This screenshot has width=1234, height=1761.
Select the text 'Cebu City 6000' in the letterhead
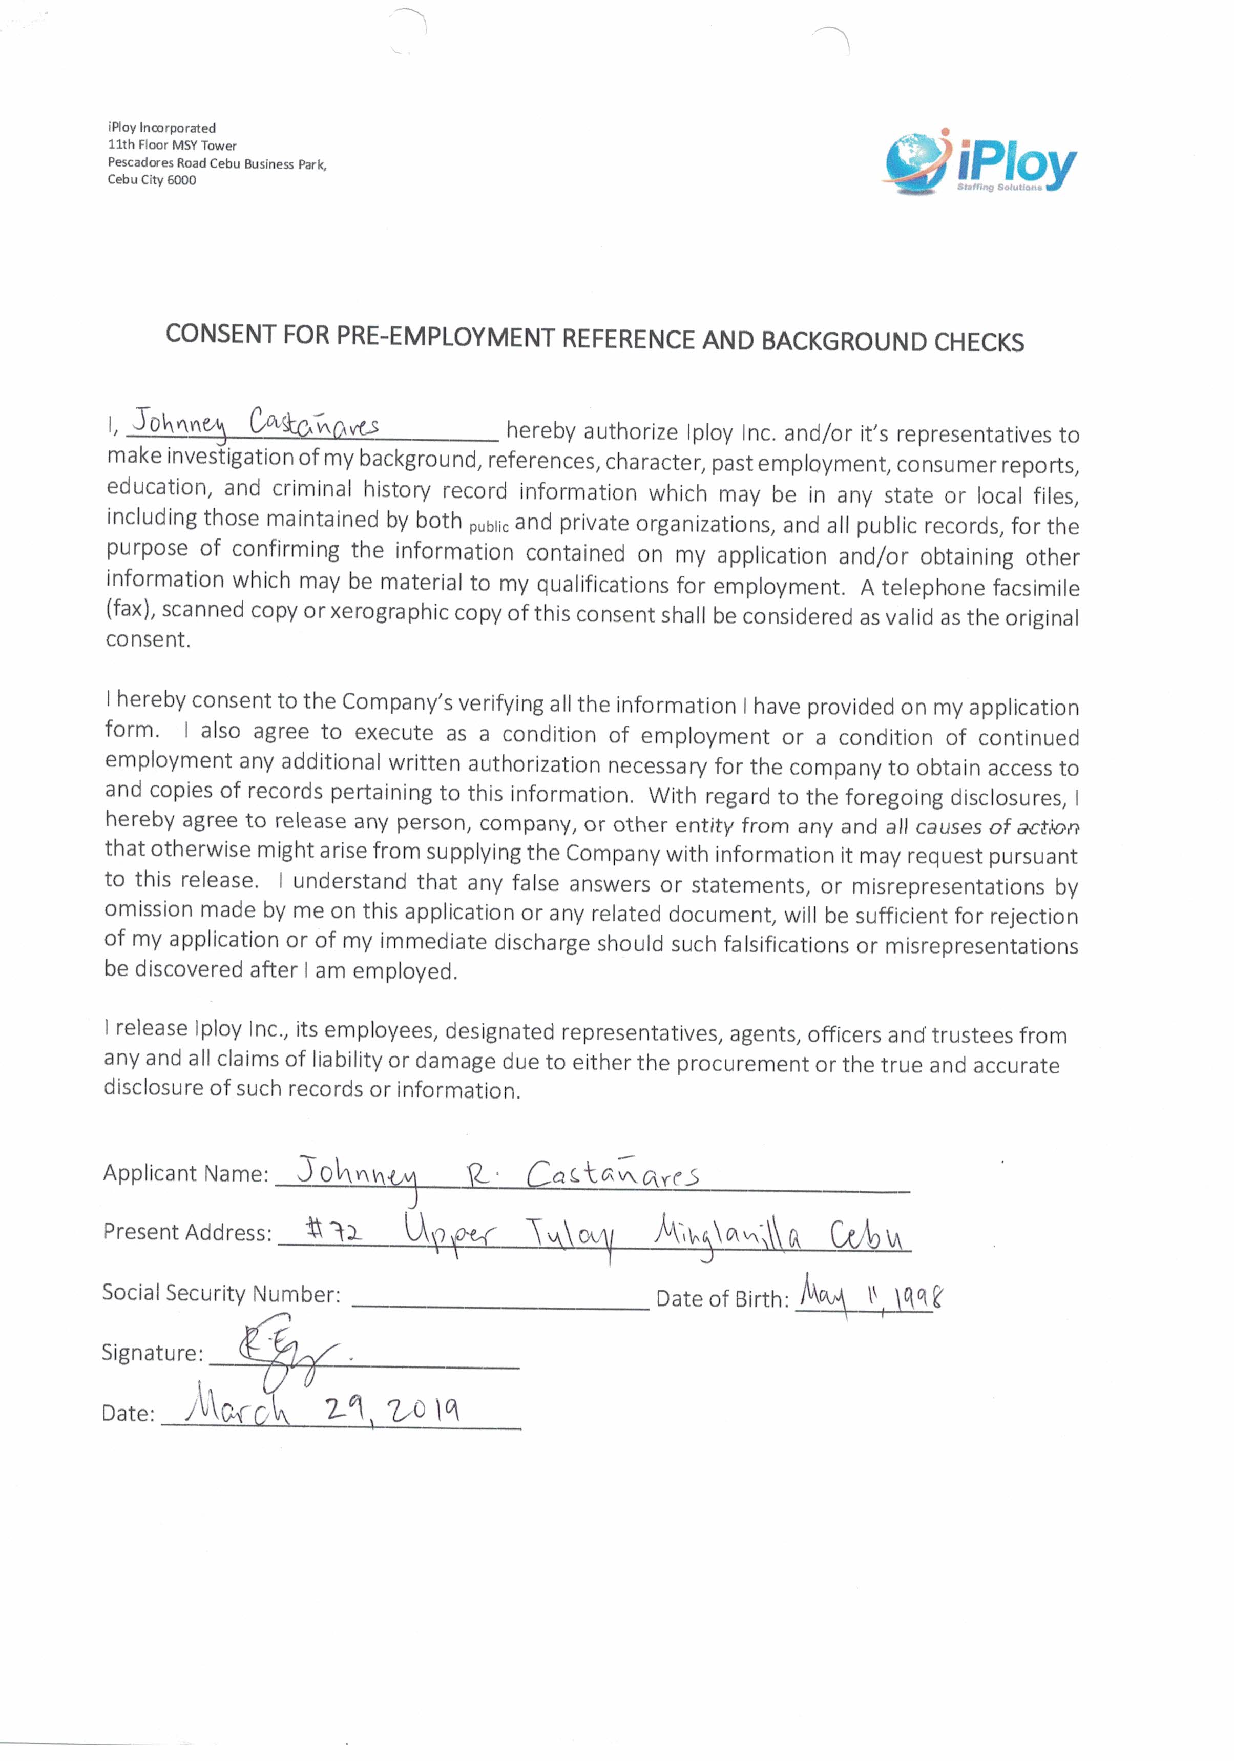pyautogui.click(x=152, y=180)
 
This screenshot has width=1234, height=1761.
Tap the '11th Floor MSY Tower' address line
pyautogui.click(x=172, y=145)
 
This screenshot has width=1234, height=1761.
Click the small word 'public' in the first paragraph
pyautogui.click(x=489, y=527)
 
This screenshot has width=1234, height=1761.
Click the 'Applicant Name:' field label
pyautogui.click(x=185, y=1173)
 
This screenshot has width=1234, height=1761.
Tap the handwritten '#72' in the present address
pyautogui.click(x=333, y=1231)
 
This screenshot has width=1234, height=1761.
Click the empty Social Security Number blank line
pyautogui.click(x=500, y=1306)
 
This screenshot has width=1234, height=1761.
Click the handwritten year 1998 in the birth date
pyautogui.click(x=916, y=1296)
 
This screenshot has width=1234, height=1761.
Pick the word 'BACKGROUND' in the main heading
pyautogui.click(x=844, y=341)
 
